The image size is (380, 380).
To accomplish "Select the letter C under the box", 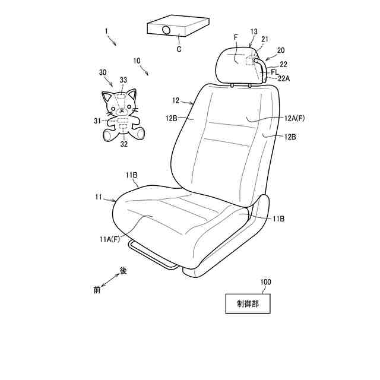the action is [179, 50].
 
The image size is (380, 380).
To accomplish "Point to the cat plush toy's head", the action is [120, 104].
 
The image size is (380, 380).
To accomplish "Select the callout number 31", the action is [97, 121].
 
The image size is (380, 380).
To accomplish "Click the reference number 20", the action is [280, 51].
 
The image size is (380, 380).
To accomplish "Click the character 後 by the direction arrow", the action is [123, 270].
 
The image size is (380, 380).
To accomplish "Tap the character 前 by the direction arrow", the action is [97, 291].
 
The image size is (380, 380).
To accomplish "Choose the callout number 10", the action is [137, 61].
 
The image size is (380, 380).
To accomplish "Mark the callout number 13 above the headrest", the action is [254, 30].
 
